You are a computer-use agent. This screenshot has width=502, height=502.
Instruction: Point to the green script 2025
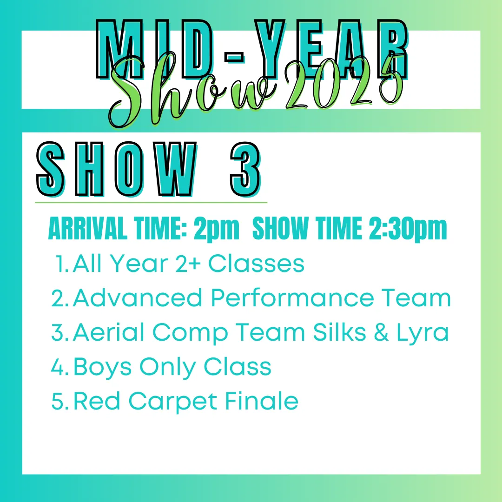click(344, 84)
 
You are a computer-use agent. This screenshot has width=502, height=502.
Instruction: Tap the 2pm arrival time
click(217, 228)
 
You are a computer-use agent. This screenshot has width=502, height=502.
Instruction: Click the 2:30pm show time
click(408, 228)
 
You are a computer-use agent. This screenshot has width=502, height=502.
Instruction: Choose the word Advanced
click(138, 298)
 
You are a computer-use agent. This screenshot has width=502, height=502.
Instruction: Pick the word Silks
click(339, 332)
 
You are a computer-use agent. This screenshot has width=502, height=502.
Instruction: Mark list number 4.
click(60, 367)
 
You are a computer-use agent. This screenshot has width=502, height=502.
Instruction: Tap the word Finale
click(261, 401)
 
